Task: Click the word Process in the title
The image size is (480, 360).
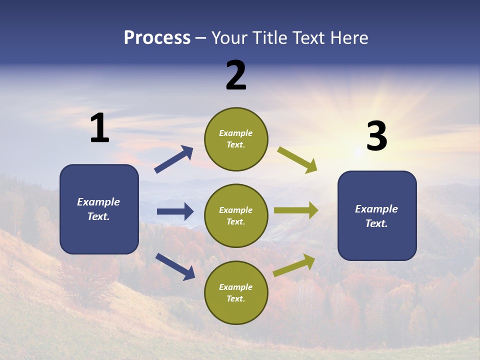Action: (157, 38)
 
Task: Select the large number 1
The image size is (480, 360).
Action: (99, 128)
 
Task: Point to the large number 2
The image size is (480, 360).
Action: (236, 75)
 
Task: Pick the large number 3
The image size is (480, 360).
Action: (376, 136)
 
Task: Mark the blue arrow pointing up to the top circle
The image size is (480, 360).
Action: (174, 159)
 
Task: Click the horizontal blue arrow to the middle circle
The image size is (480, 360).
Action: (175, 211)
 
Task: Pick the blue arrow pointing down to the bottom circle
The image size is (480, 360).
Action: (175, 266)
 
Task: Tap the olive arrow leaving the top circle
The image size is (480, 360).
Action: (297, 159)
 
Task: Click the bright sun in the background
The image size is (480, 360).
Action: (358, 150)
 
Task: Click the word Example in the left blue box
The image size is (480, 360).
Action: (98, 202)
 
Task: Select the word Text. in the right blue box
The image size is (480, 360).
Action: (376, 223)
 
